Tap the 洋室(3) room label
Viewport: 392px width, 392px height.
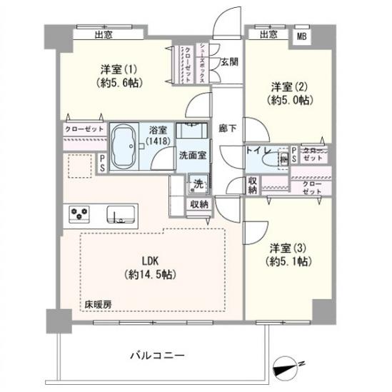tap(287, 248)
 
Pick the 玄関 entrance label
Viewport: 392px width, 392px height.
tap(229, 61)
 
